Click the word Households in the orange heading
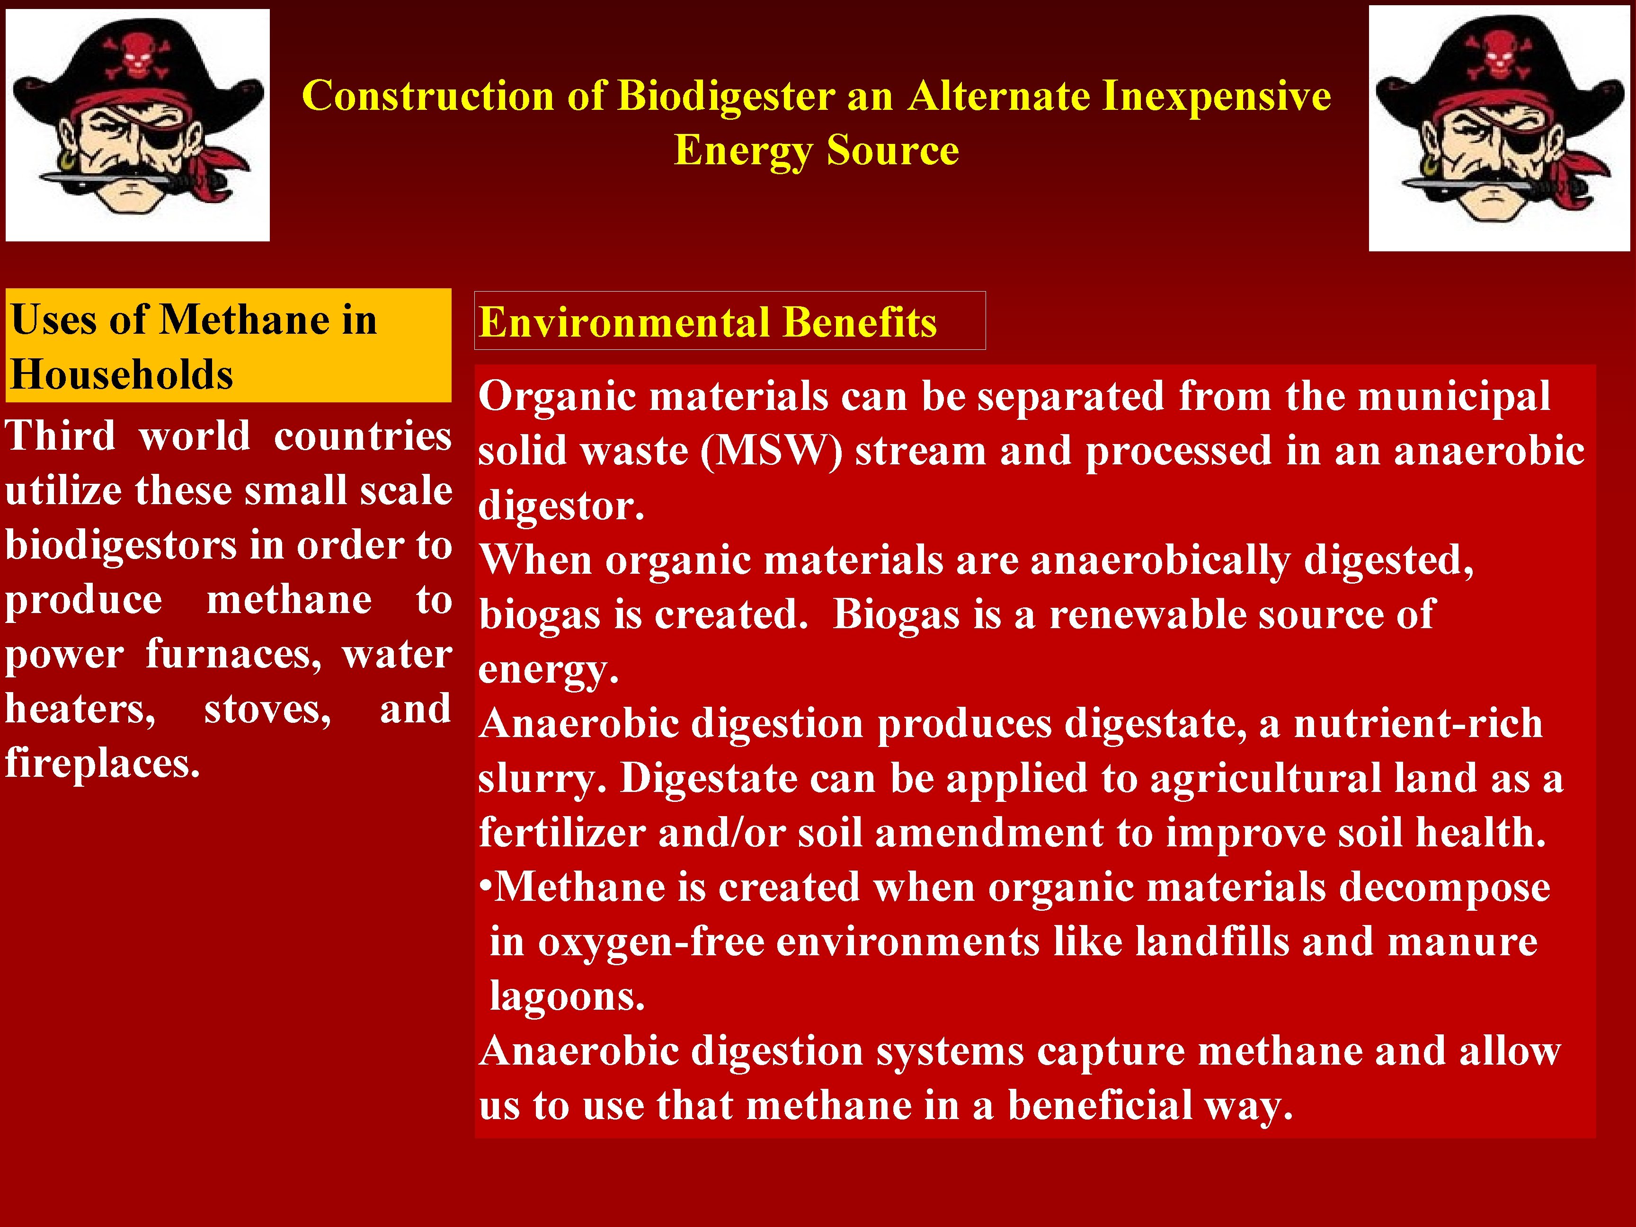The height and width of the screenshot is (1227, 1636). point(122,374)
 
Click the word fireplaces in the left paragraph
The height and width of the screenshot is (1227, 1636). point(102,763)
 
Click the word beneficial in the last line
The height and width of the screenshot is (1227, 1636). point(1100,1105)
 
